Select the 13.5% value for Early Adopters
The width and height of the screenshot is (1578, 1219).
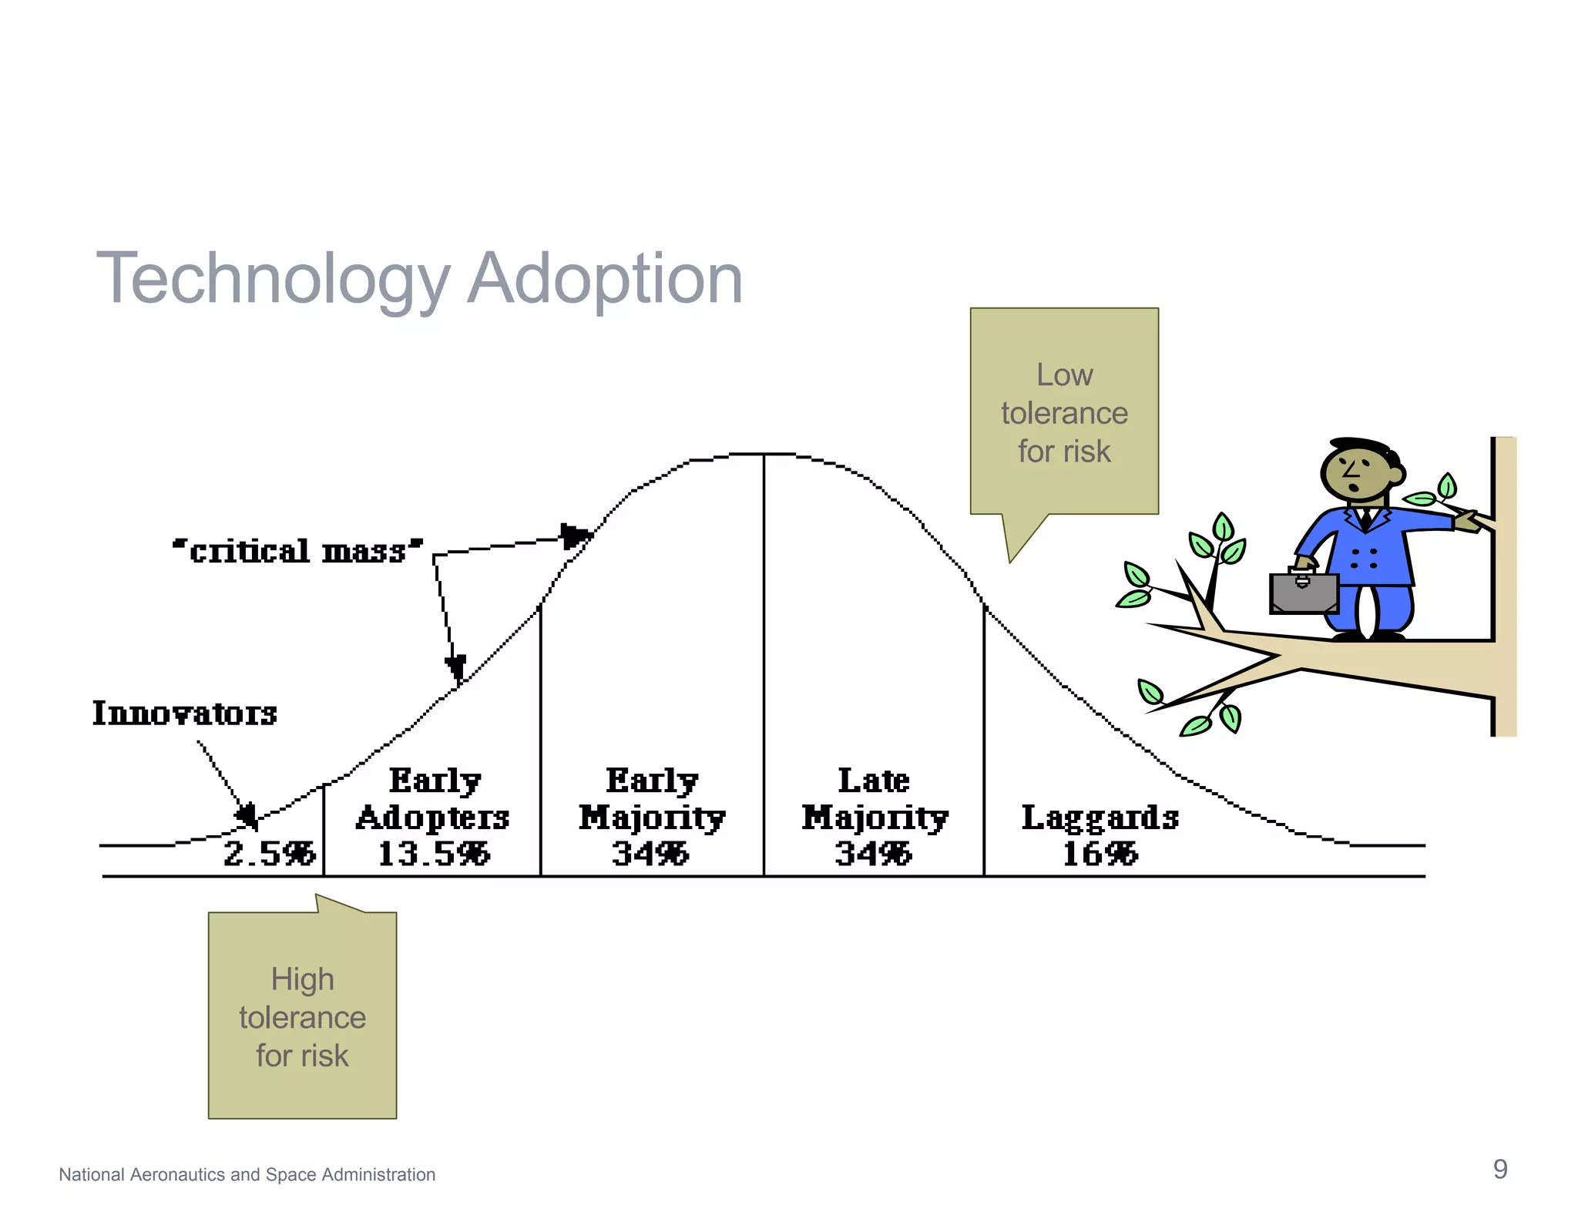(x=433, y=854)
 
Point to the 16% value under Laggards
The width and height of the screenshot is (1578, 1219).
(x=1100, y=854)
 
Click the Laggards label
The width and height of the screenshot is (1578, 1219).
(x=1100, y=818)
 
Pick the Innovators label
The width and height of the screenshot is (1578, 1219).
(x=185, y=714)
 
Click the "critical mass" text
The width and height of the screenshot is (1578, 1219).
(x=297, y=551)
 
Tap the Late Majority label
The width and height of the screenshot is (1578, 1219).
(x=875, y=799)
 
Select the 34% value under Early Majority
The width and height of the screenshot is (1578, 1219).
(x=650, y=854)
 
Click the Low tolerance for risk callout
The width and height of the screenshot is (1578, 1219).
(x=1064, y=412)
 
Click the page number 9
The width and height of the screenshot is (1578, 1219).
(x=1499, y=1169)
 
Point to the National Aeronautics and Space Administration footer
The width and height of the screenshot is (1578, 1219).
(x=247, y=1174)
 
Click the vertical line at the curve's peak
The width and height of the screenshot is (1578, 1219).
(x=764, y=663)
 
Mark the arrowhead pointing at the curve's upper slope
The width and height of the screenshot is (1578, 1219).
(x=574, y=535)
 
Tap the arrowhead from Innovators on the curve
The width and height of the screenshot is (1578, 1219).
(x=247, y=815)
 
